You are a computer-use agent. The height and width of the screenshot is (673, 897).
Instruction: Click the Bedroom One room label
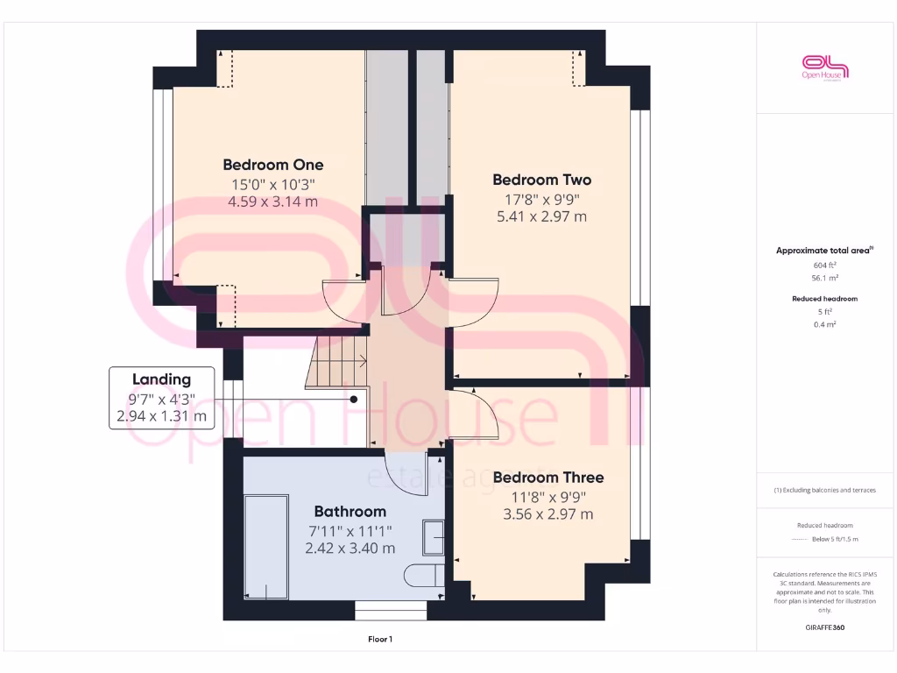[x=272, y=165]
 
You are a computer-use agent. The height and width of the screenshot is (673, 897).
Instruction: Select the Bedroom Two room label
[x=541, y=180]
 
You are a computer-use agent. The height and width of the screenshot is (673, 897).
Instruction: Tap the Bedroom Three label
[x=547, y=478]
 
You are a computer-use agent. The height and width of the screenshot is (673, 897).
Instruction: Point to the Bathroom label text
[x=350, y=511]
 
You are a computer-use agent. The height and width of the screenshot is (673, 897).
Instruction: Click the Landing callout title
[x=161, y=379]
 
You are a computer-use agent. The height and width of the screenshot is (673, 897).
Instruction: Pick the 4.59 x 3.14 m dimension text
[x=272, y=202]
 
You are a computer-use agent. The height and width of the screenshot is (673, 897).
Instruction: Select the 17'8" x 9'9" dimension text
[x=541, y=199]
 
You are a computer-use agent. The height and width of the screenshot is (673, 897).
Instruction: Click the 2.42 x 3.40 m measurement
[x=350, y=548]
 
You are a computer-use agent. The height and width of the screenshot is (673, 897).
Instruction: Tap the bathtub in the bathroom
[x=265, y=548]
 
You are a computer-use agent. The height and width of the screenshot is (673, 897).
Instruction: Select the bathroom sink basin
[x=434, y=537]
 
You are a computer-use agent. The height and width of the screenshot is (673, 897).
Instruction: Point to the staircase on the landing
[x=337, y=361]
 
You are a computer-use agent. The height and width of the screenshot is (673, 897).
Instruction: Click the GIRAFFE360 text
[x=826, y=627]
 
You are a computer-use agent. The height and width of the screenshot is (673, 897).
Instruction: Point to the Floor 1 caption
[x=379, y=640]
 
